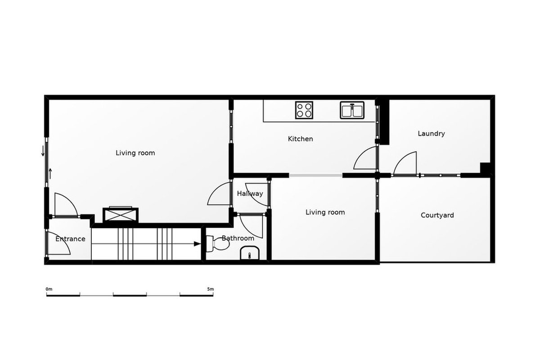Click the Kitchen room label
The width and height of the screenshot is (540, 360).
click(x=301, y=139)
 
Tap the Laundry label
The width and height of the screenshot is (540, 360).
click(x=431, y=134)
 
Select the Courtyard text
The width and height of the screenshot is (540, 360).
click(x=437, y=215)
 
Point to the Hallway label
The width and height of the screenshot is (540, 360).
click(x=250, y=193)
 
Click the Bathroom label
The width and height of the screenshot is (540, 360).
click(x=238, y=238)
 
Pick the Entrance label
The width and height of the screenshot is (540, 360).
click(x=70, y=239)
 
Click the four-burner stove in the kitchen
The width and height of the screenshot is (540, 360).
click(x=304, y=110)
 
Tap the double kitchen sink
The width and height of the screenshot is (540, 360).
click(x=352, y=110)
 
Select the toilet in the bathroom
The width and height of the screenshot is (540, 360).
click(x=218, y=244)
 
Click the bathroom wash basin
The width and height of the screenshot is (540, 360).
click(x=250, y=253)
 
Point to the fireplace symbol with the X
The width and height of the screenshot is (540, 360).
click(x=121, y=215)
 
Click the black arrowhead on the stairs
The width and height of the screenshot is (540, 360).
click(x=198, y=244)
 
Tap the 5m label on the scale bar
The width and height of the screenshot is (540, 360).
click(x=210, y=289)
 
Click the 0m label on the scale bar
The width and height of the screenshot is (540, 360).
click(x=49, y=289)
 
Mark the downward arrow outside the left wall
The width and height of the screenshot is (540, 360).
click(x=43, y=151)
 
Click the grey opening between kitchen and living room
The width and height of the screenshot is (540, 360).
click(x=316, y=175)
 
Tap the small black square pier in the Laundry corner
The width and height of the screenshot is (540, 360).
click(x=485, y=168)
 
